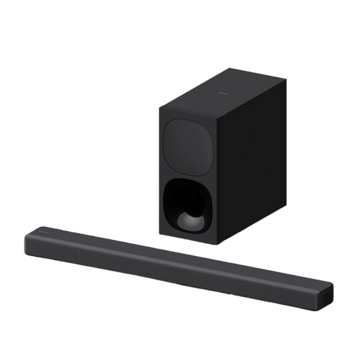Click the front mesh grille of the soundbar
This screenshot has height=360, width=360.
pos(169,277)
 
